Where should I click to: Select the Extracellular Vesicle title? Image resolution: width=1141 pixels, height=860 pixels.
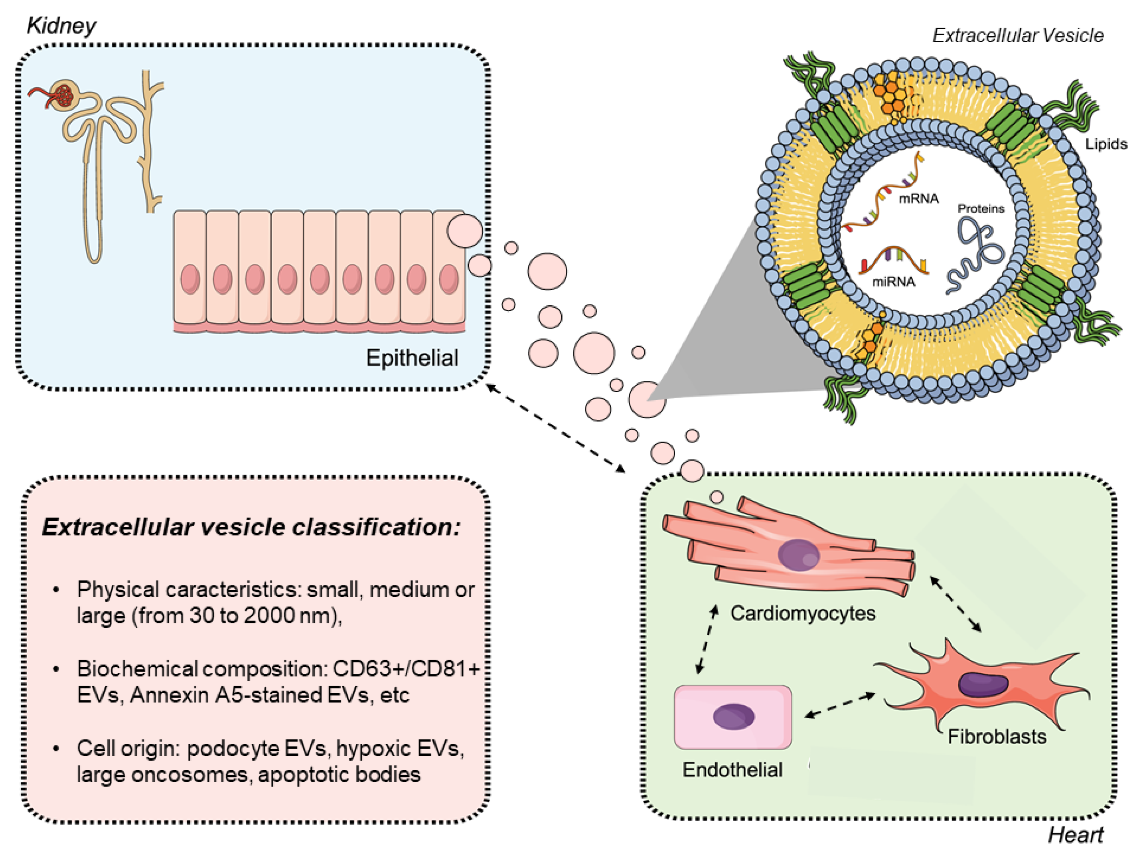(1018, 36)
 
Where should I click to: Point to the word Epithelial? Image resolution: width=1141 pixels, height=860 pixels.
(412, 358)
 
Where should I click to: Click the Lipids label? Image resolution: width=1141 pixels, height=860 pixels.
(1106, 144)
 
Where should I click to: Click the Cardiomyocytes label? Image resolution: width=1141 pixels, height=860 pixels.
(803, 613)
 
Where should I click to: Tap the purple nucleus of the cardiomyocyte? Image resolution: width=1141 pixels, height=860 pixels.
(798, 555)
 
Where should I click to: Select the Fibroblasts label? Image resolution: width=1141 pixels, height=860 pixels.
(997, 737)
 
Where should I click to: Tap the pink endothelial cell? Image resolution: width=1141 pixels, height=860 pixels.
(732, 717)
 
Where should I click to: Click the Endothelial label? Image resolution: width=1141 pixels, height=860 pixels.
(732, 770)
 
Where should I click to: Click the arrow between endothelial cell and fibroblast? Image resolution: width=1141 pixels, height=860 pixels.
(840, 705)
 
